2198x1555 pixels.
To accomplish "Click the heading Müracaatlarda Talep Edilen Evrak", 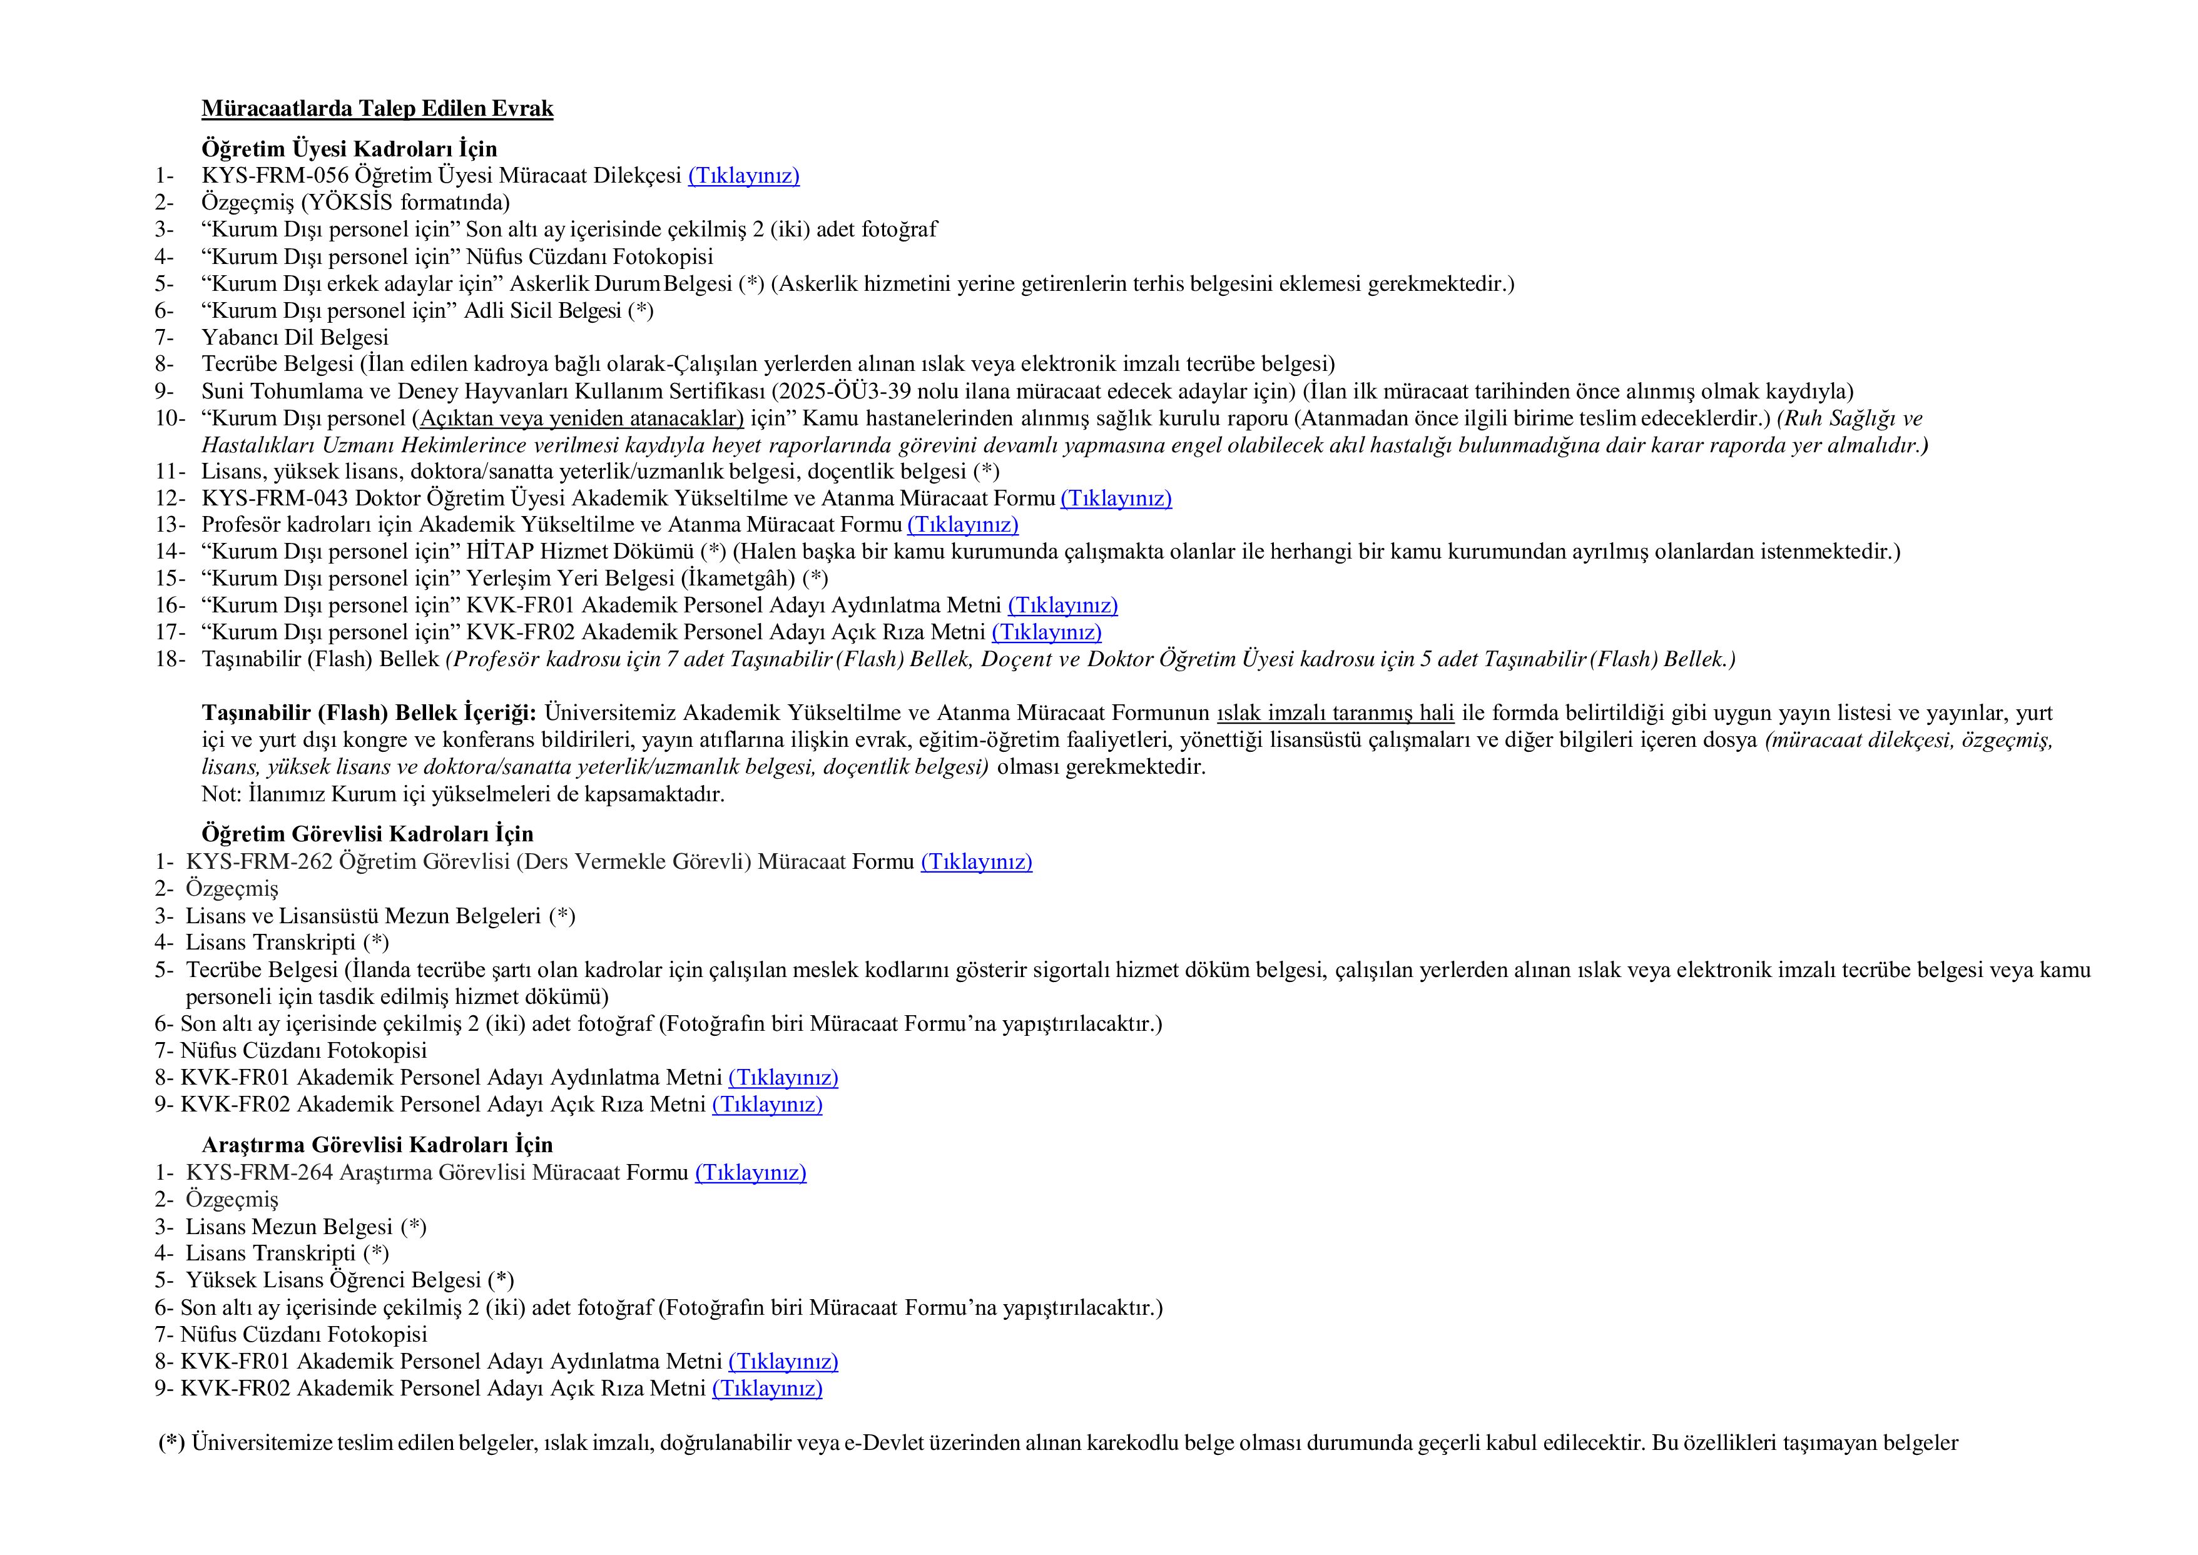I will (377, 109).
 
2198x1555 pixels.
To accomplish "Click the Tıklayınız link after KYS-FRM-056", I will (743, 176).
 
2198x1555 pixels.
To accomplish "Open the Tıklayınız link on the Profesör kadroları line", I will (962, 525).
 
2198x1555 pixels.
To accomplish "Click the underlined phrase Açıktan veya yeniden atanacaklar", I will (581, 418).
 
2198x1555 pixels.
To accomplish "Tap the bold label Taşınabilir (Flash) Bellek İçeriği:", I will (369, 713).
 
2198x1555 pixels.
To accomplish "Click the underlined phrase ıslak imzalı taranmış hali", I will (1335, 713).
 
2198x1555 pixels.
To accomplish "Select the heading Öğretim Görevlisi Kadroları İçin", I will (367, 835).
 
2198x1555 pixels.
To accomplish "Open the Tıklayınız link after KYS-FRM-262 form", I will (976, 863).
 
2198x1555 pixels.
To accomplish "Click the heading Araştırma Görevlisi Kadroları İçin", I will (377, 1146).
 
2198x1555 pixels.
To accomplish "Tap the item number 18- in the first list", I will (170, 660).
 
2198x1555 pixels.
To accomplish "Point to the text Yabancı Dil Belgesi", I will (294, 338).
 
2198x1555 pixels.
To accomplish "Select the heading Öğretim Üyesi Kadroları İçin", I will (349, 149).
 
